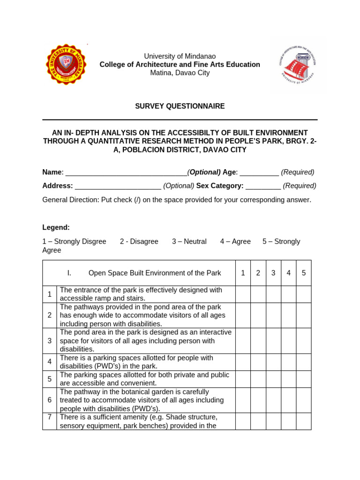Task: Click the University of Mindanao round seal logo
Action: click(66, 64)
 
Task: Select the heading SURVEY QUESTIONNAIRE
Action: click(180, 106)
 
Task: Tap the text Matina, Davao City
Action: click(180, 73)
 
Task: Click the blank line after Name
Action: click(126, 172)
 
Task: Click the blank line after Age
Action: click(259, 172)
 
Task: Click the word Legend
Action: click(56, 227)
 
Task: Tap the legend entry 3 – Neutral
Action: click(189, 241)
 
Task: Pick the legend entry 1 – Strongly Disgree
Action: click(74, 241)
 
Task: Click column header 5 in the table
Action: click(304, 273)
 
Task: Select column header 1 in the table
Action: click(243, 273)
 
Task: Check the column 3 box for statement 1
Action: click(273, 294)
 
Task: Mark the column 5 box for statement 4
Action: click(304, 362)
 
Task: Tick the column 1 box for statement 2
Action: click(243, 315)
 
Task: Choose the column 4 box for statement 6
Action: click(289, 400)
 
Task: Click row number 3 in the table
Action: click(49, 340)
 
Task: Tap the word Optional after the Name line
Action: click(204, 172)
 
